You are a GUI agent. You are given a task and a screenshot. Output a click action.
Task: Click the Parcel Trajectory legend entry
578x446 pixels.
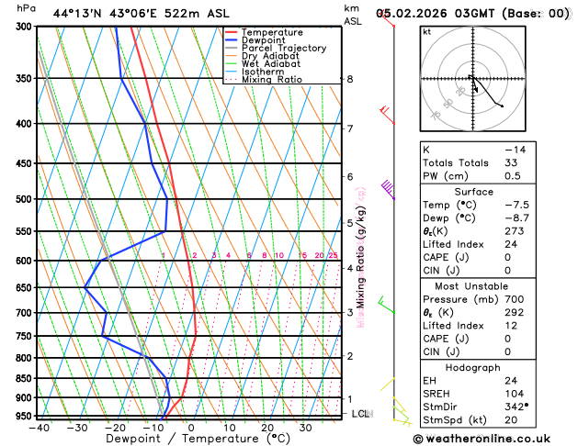(283, 48)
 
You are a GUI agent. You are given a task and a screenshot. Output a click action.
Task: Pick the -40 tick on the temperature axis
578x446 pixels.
(39, 428)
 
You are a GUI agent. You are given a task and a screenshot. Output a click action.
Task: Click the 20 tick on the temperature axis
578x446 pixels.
(267, 428)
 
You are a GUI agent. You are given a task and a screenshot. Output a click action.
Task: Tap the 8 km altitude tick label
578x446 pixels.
(350, 80)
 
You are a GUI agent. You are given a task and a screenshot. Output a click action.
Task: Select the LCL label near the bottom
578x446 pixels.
(360, 414)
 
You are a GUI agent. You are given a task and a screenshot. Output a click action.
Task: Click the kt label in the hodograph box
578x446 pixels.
(427, 32)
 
